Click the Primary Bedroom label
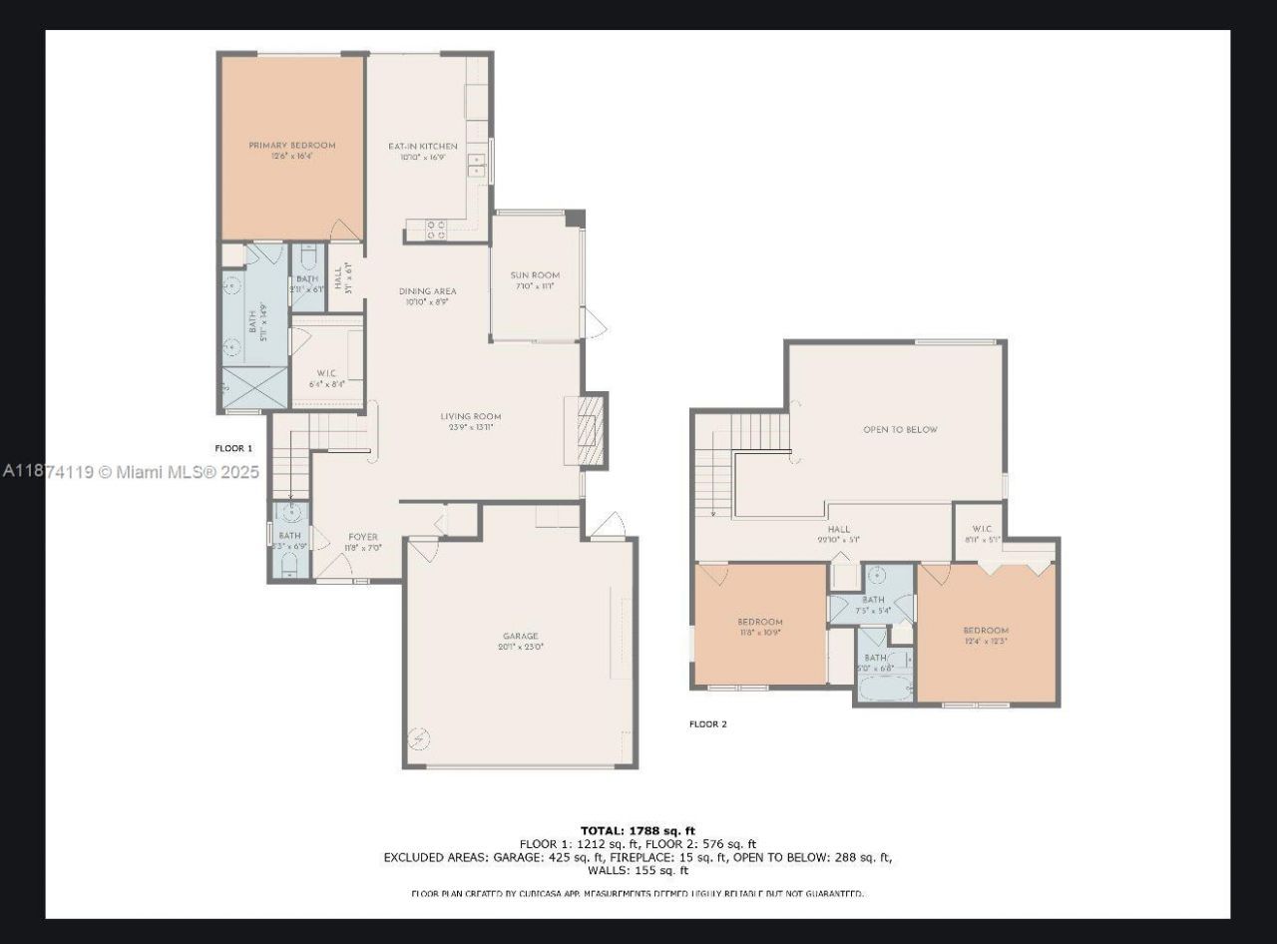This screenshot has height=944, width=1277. [x=291, y=146]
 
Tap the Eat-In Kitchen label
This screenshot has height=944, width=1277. [x=423, y=147]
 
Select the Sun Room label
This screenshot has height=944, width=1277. [x=535, y=275]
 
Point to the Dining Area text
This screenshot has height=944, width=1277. [x=428, y=291]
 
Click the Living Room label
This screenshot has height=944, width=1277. [x=471, y=417]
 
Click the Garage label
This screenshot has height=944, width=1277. [x=520, y=636]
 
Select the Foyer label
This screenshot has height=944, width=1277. [x=362, y=537]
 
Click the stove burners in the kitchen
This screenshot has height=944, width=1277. [x=436, y=231]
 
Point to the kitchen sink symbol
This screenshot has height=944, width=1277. [x=476, y=165]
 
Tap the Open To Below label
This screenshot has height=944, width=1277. [x=900, y=429]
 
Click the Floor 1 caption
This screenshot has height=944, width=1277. [x=233, y=448]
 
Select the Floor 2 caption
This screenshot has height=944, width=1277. [x=707, y=723]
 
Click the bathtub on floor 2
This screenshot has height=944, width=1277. [x=885, y=689]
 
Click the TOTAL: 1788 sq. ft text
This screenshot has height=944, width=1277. [x=638, y=830]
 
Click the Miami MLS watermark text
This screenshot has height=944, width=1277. [x=130, y=472]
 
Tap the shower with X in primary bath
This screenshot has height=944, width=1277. [x=240, y=388]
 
